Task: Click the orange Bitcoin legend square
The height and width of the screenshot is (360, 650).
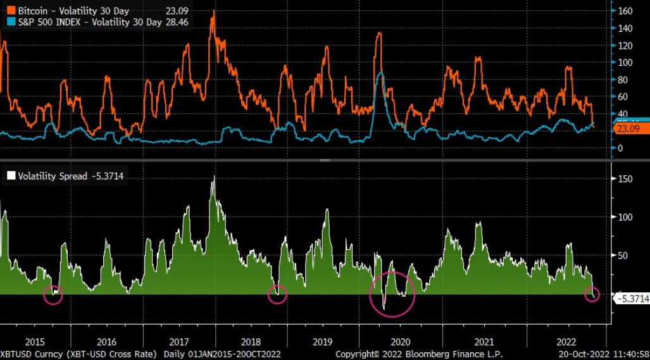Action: click(10, 11)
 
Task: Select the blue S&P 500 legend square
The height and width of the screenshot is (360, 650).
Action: click(10, 22)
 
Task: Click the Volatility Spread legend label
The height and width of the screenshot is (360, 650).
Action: click(53, 177)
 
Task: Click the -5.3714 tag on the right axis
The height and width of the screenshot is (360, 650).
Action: click(632, 299)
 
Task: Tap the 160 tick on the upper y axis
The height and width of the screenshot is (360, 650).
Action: click(625, 11)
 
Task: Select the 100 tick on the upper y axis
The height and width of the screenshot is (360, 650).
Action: click(625, 63)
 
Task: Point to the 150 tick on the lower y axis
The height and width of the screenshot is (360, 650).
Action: click(625, 178)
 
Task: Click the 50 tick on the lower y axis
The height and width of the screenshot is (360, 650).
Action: click(623, 256)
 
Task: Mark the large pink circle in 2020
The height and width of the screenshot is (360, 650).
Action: click(392, 294)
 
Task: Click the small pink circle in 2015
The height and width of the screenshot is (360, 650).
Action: click(53, 294)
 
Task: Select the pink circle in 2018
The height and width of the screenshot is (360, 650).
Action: click(277, 294)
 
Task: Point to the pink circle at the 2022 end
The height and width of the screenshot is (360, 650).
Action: click(592, 294)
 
